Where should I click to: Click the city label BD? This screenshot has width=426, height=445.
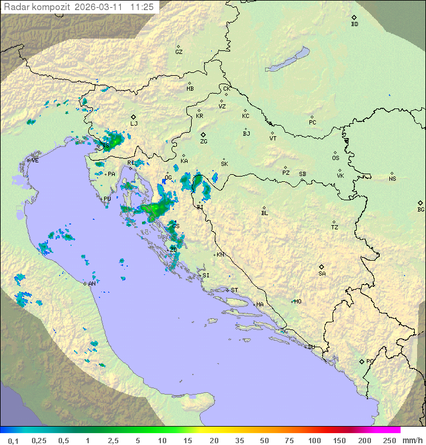[354, 24]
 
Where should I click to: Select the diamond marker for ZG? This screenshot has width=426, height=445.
[203, 135]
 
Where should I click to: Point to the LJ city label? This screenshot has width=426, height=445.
[134, 124]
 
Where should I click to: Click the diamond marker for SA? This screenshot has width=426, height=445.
[322, 267]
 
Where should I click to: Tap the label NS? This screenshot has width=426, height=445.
[392, 179]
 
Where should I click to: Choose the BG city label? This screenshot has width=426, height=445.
[421, 210]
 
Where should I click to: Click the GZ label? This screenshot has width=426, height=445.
[179, 52]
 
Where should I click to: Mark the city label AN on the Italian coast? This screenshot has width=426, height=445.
[92, 284]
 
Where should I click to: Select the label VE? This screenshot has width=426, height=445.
[35, 161]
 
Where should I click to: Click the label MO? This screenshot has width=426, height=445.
[298, 302]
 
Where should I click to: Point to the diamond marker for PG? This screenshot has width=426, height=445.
[362, 361]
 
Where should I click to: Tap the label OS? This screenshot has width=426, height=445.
[335, 158]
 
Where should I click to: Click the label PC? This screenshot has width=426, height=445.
[312, 123]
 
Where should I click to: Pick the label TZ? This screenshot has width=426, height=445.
[334, 228]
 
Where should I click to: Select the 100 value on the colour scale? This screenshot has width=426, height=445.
[314, 440]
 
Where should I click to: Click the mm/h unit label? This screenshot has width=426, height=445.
[410, 440]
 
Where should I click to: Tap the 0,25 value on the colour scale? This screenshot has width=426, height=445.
[38, 440]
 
